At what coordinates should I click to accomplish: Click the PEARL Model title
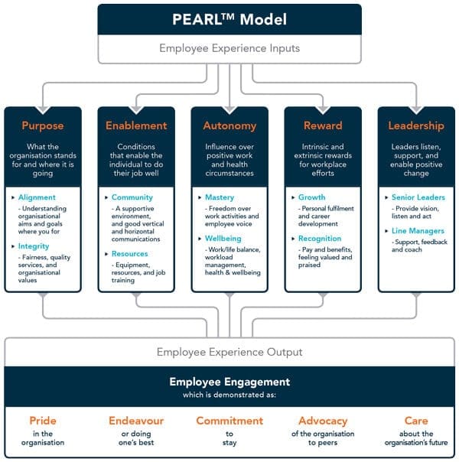tap(229, 19)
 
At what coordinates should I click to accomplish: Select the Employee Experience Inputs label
tap(229, 49)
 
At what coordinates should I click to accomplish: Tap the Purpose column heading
tap(42, 125)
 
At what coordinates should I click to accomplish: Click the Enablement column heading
tap(136, 125)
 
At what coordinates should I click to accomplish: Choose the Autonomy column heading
tap(229, 125)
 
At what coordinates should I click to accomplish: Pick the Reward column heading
tap(323, 125)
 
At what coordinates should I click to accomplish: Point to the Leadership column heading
tap(416, 125)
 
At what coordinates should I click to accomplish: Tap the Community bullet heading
tap(132, 197)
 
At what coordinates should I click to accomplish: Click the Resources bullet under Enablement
tap(130, 254)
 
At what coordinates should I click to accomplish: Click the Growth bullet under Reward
tap(312, 197)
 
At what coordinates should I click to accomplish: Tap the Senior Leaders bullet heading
tap(418, 197)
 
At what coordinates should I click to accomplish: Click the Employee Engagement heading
tap(229, 381)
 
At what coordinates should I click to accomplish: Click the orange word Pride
tap(43, 421)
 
